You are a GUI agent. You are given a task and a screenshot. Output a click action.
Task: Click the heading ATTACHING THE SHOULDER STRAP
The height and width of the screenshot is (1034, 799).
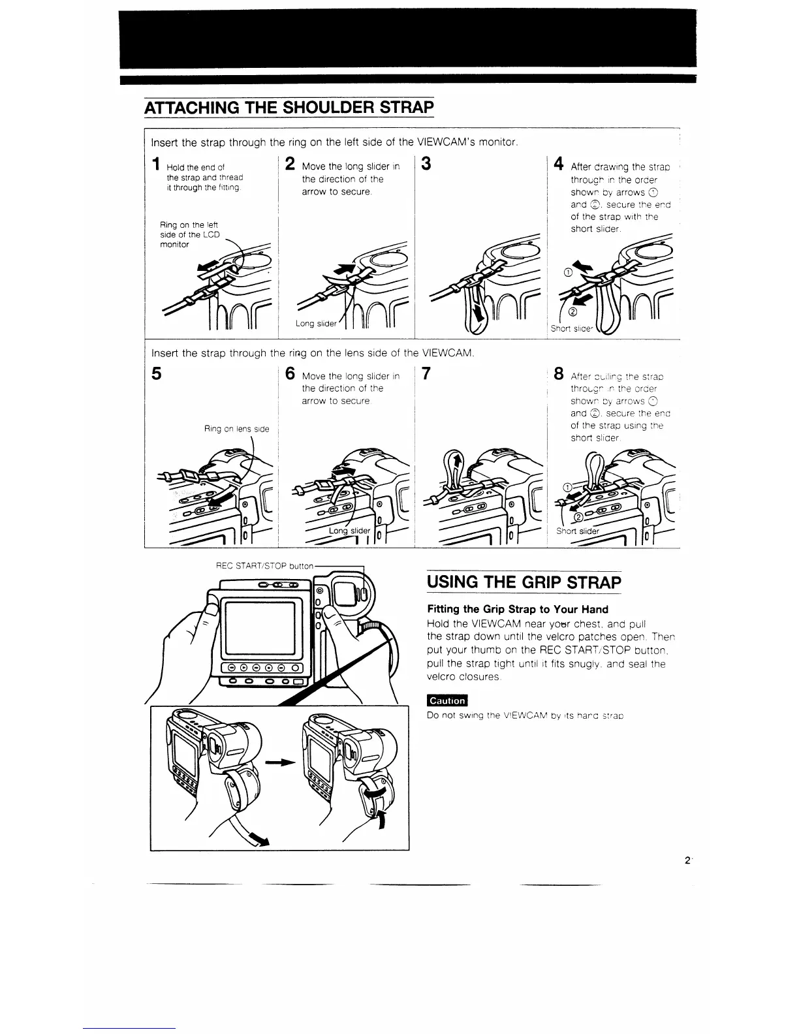[x=289, y=106]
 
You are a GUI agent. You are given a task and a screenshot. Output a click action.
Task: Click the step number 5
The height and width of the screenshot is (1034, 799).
[x=156, y=375]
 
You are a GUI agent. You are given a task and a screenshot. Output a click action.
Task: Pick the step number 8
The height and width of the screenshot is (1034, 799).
[x=559, y=375]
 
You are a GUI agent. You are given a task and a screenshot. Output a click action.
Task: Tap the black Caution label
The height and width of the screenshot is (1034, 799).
[x=447, y=700]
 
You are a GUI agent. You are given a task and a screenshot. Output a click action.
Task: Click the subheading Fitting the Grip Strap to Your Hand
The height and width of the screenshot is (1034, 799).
[x=518, y=609]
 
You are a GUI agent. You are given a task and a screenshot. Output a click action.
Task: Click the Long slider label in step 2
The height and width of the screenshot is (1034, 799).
[x=317, y=324]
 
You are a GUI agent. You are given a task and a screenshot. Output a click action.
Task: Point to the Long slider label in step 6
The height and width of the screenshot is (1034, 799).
[x=349, y=531]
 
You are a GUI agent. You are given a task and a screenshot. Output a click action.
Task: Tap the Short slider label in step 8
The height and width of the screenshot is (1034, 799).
[x=578, y=531]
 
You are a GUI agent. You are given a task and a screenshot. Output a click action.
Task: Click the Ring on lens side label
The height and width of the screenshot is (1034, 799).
[x=236, y=429]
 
